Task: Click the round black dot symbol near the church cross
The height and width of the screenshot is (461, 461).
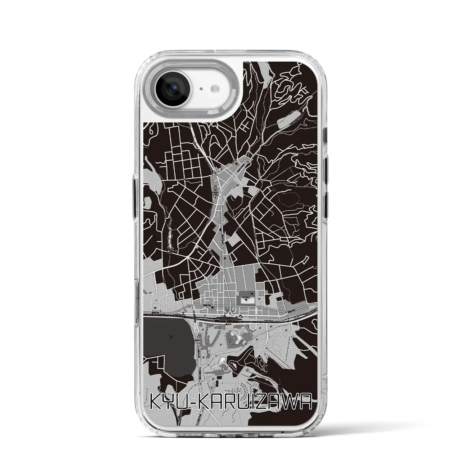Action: [x=237, y=164]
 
